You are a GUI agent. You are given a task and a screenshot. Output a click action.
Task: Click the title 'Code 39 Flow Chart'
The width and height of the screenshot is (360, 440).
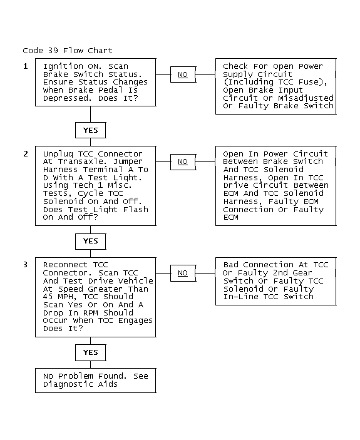[68, 51]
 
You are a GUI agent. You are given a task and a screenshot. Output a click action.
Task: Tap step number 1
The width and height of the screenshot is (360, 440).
[26, 66]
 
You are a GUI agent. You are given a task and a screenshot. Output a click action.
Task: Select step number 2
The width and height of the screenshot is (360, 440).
[26, 154]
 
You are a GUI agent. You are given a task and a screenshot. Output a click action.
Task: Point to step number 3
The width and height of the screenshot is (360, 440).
[26, 265]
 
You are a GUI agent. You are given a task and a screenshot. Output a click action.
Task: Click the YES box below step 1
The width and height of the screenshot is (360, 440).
[90, 130]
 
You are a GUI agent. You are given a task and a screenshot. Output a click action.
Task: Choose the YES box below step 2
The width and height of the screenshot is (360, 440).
[90, 242]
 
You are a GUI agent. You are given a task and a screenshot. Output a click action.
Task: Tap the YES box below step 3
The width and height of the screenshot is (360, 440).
[90, 352]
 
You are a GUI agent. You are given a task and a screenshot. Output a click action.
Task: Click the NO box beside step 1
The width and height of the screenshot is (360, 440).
[183, 74]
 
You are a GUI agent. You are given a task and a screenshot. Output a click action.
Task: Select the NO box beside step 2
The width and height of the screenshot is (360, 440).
[183, 162]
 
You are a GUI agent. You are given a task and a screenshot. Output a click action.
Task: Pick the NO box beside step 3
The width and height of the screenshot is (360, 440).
[183, 273]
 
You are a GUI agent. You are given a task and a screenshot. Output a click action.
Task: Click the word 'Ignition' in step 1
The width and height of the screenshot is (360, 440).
[63, 66]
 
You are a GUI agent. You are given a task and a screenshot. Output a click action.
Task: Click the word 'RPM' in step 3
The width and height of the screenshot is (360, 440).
[90, 313]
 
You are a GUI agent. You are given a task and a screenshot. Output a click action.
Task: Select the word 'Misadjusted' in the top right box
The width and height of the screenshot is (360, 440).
[306, 98]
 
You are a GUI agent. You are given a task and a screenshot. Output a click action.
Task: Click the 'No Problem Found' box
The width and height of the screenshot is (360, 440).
[95, 381]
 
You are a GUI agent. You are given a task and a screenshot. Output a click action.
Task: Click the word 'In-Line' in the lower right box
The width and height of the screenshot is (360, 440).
[240, 297]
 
